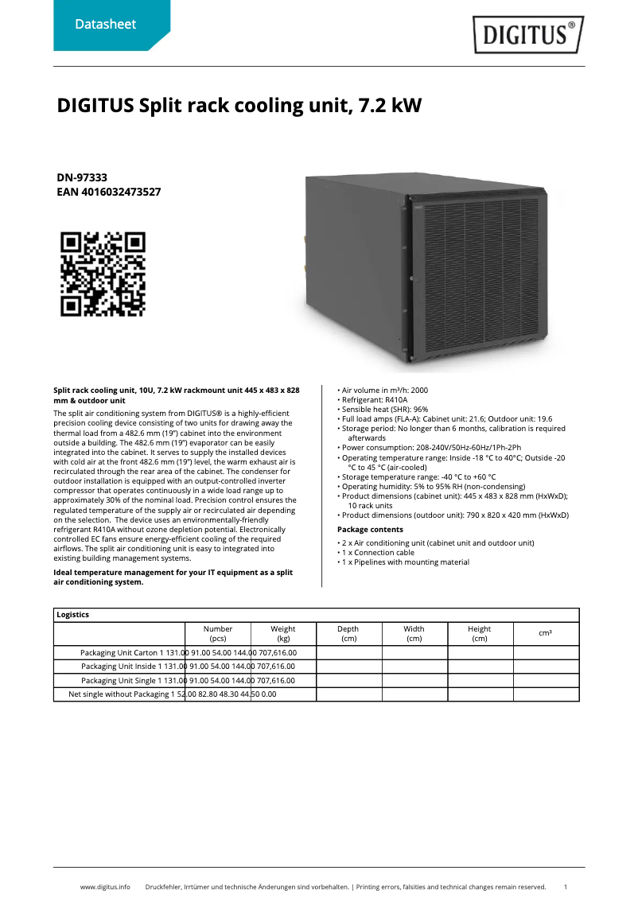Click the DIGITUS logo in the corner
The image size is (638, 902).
pos(528,34)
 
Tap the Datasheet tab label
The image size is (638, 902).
pos(105,25)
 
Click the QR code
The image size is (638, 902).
pos(103,274)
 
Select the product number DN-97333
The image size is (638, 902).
pos(82,177)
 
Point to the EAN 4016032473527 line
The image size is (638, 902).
pos(109,192)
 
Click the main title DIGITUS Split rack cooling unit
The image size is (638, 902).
pos(239,106)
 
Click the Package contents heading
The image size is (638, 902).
pos(370,530)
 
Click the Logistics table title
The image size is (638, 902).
pos(73,615)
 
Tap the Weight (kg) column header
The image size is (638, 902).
pos(283,633)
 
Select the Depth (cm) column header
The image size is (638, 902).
pos(348,633)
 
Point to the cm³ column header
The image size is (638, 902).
pos(546,633)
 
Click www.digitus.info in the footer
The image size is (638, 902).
pos(105,886)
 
